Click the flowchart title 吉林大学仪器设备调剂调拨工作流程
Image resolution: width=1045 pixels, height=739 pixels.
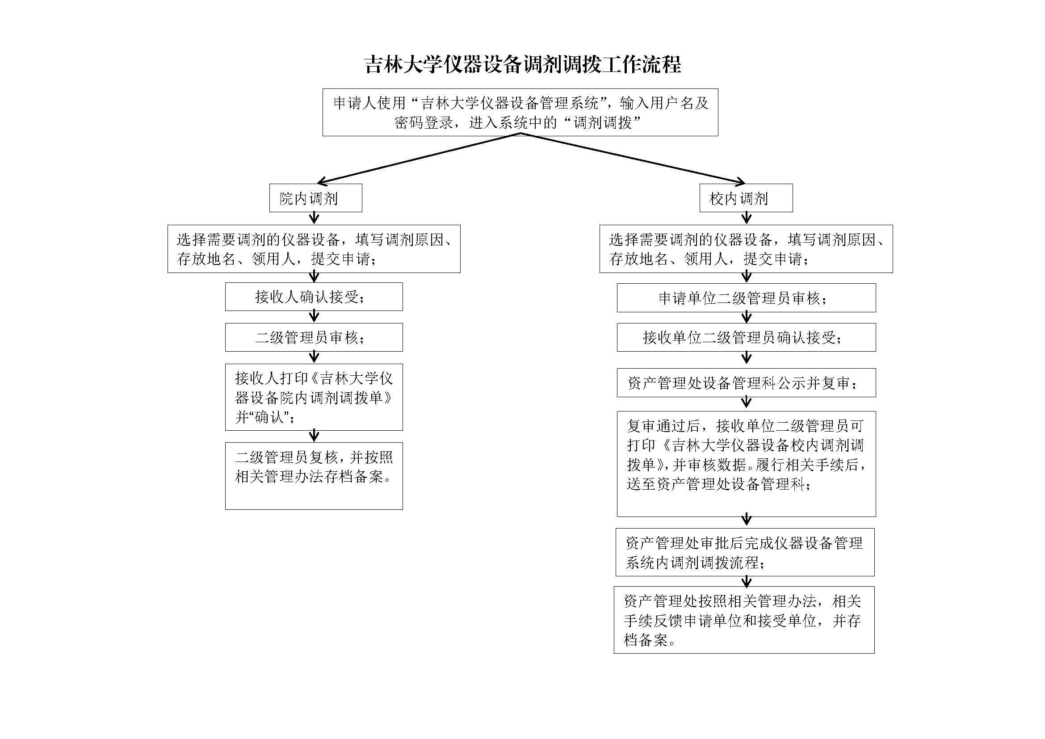click(x=523, y=65)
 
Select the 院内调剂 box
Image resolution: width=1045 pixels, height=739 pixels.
click(x=315, y=198)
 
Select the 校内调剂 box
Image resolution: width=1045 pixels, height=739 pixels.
click(x=746, y=198)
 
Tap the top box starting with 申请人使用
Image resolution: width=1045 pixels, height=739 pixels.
click(x=520, y=113)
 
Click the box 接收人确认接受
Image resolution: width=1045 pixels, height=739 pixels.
click(x=314, y=297)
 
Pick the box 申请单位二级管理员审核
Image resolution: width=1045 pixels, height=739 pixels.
click(x=746, y=298)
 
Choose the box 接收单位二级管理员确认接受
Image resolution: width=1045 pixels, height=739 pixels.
click(x=746, y=337)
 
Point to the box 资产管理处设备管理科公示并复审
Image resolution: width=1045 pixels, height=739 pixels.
click(x=746, y=383)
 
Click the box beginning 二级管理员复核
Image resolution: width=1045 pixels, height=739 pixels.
click(x=314, y=475)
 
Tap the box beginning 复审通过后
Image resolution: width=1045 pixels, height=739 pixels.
click(x=746, y=464)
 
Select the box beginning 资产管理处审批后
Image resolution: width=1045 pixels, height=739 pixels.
click(x=745, y=552)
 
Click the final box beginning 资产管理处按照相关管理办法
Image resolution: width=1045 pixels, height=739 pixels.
click(x=744, y=620)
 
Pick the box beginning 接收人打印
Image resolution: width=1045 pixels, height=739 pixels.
click(x=314, y=397)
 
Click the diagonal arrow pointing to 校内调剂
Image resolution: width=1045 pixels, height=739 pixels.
click(x=633, y=159)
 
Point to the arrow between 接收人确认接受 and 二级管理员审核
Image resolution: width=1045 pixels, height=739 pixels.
click(x=314, y=316)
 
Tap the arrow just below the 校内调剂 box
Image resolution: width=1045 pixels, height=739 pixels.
click(x=747, y=218)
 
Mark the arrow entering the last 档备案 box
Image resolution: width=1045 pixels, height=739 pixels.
click(x=747, y=582)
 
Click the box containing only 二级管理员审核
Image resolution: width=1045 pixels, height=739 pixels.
click(x=314, y=337)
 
